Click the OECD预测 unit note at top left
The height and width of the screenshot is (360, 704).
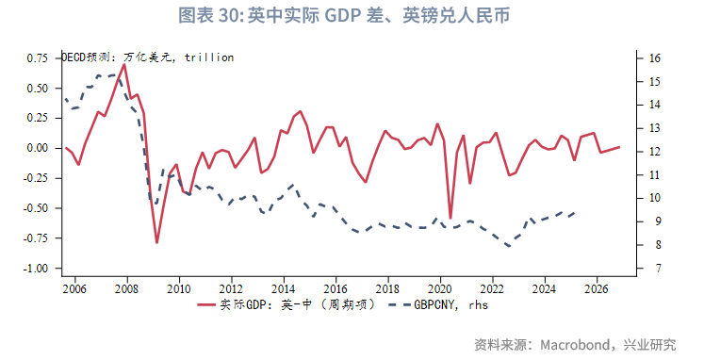click(147, 57)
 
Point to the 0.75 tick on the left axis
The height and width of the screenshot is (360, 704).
click(36, 58)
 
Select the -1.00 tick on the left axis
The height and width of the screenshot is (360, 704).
click(34, 269)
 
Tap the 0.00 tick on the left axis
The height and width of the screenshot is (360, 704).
click(36, 148)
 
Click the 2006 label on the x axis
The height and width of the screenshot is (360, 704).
click(74, 288)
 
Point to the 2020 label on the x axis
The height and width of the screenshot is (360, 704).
click(439, 288)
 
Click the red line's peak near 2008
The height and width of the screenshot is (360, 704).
click(123, 64)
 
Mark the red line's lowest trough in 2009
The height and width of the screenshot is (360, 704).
click(156, 242)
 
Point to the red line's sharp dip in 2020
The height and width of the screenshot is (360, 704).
click(450, 219)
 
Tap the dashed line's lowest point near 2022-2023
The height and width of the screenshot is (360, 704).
click(509, 246)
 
